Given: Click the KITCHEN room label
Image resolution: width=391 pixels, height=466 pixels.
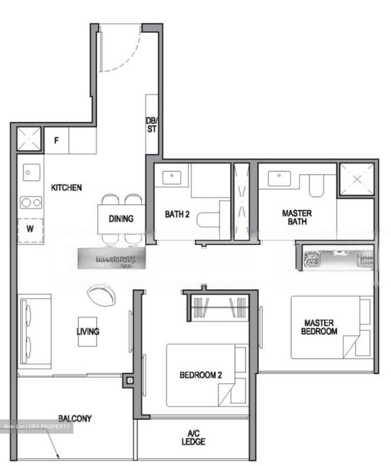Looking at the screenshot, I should (x=67, y=187).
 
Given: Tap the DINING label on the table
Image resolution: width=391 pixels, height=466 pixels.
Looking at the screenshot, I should (x=121, y=219).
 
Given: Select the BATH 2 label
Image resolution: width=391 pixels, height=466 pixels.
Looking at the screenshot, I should (x=177, y=214).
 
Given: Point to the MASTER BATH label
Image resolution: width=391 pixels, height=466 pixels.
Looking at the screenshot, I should (x=297, y=217).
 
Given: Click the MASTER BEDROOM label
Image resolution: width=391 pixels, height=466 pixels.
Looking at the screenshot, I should (x=319, y=327).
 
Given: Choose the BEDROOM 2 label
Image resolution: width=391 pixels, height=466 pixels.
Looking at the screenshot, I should (x=201, y=375).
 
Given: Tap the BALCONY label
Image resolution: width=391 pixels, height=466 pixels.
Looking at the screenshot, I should (x=75, y=418).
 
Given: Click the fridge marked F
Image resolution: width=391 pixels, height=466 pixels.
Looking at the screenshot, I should (x=56, y=141).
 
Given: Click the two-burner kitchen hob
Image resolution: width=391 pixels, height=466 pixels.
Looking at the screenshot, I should (x=31, y=203).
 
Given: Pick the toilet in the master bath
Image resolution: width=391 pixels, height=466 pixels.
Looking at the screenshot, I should (x=316, y=185).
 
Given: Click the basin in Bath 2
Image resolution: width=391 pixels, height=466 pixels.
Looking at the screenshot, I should (x=172, y=175).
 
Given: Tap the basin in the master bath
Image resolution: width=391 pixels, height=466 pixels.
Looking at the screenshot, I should (x=278, y=176).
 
